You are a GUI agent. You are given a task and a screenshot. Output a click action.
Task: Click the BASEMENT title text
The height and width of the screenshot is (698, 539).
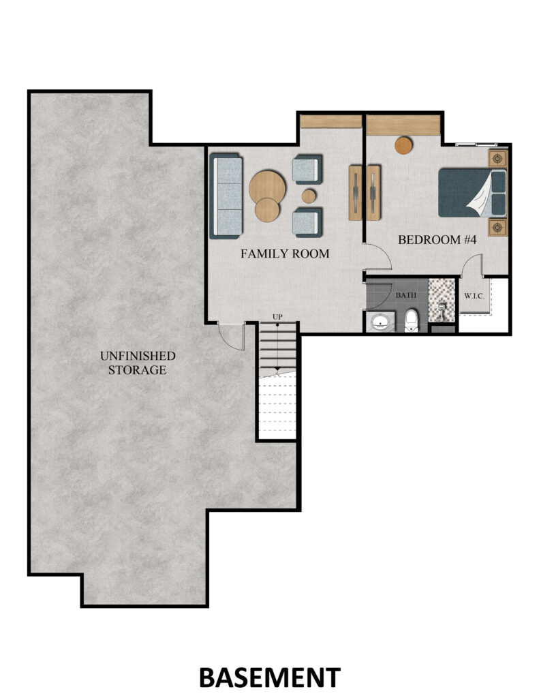click(x=270, y=678)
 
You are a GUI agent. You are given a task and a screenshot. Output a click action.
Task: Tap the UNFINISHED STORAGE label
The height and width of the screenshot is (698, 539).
click(x=138, y=363)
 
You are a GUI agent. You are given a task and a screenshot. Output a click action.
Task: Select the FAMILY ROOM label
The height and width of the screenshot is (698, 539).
click(x=285, y=254)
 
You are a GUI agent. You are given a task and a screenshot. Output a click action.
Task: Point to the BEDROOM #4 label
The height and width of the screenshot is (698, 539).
click(x=437, y=240)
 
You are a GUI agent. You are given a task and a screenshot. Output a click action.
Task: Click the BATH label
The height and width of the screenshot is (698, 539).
click(x=406, y=295)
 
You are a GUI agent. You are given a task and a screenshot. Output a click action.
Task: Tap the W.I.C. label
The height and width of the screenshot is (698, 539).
click(x=474, y=296)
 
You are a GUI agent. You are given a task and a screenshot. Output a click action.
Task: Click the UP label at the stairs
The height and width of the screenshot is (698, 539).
click(x=277, y=317)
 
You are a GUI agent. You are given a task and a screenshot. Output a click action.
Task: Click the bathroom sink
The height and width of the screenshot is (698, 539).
click(x=380, y=322)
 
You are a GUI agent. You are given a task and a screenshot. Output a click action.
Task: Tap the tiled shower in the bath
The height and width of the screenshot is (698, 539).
click(x=442, y=301)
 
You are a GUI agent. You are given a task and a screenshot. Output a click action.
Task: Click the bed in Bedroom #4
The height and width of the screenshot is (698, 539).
click(x=472, y=193)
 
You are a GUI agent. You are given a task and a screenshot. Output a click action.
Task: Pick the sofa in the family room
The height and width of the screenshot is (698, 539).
click(x=226, y=196)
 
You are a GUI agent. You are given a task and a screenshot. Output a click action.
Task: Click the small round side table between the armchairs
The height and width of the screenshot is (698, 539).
click(x=309, y=196)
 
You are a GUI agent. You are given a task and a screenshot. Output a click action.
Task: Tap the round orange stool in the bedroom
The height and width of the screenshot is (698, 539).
click(x=403, y=145)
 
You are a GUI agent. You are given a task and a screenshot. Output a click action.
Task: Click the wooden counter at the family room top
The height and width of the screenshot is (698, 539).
click(x=330, y=121)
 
